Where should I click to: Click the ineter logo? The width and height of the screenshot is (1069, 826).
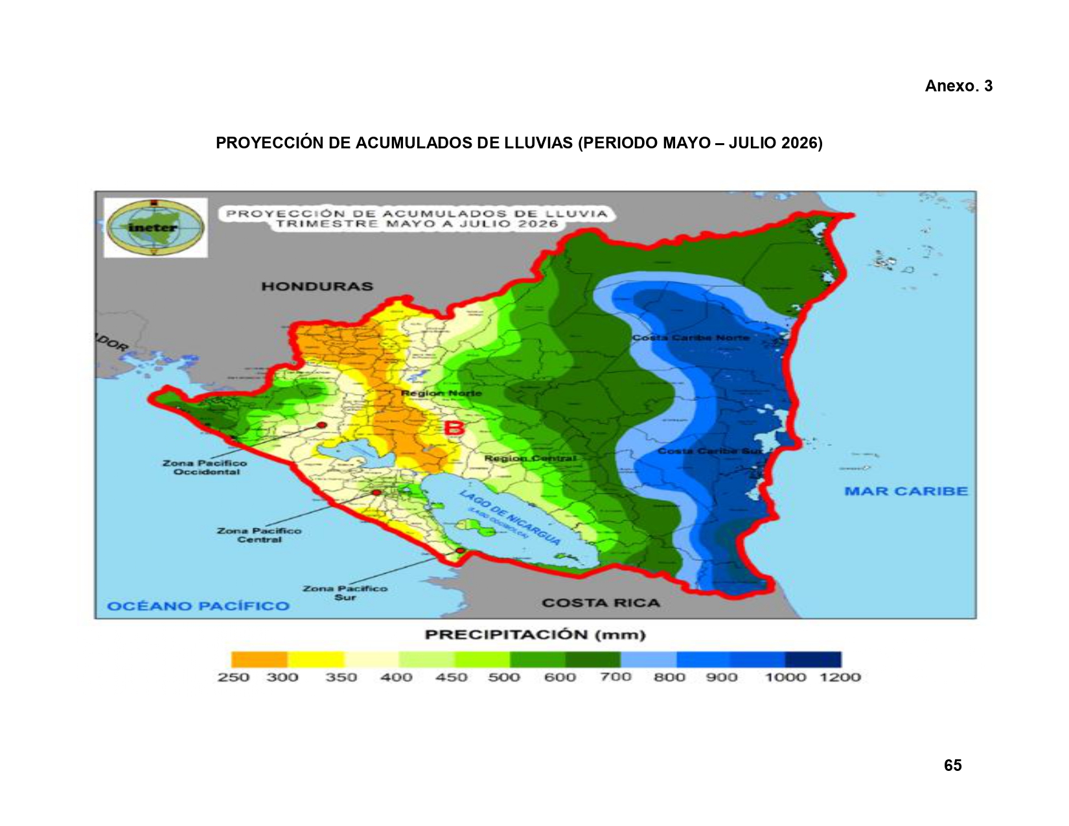click(x=155, y=227)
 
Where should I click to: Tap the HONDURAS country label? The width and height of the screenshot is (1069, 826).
click(x=317, y=286)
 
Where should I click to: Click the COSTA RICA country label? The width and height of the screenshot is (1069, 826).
click(x=601, y=603)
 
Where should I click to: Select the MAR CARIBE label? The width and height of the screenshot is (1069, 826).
click(x=906, y=491)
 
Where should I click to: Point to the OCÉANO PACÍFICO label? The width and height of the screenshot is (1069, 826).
click(x=198, y=606)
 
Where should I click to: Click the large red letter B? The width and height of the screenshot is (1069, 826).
click(x=454, y=428)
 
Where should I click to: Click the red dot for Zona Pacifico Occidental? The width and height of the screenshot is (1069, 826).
click(x=321, y=425)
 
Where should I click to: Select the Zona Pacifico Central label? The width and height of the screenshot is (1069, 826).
click(x=259, y=535)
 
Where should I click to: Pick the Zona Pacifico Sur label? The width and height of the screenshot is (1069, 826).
click(x=345, y=593)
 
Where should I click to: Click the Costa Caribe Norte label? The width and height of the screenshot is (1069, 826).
click(x=691, y=338)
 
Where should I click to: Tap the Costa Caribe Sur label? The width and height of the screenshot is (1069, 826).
click(x=709, y=451)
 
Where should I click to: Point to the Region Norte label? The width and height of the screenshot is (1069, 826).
click(x=441, y=393)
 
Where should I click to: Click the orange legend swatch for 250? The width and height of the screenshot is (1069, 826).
click(x=259, y=660)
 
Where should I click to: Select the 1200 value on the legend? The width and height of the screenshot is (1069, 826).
click(x=840, y=678)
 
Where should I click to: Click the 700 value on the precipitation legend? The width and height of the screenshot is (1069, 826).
click(x=615, y=678)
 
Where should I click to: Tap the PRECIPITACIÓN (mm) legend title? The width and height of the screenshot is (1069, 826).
click(x=535, y=635)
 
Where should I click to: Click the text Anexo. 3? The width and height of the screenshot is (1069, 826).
click(x=958, y=86)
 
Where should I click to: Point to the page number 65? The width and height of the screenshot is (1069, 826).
click(x=952, y=766)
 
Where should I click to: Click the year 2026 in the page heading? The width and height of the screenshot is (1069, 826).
click(x=799, y=143)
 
